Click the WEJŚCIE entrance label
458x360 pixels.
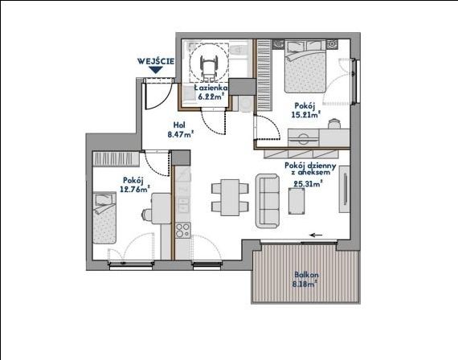tap(156, 61)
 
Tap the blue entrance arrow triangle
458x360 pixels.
tap(156, 70)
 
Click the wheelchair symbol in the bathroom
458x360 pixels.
tap(208, 67)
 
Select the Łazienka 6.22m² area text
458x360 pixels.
tap(211, 92)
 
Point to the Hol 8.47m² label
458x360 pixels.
tap(181, 129)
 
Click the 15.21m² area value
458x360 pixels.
tap(306, 114)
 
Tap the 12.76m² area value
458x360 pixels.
tap(135, 189)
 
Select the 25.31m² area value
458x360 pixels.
tap(308, 184)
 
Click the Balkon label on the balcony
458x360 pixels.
tap(306, 275)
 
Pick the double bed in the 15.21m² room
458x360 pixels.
tap(305, 67)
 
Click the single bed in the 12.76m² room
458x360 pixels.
tap(104, 218)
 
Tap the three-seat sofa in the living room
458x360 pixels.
tap(268, 201)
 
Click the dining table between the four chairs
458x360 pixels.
tap(230, 197)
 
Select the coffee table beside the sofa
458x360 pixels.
tap(296, 201)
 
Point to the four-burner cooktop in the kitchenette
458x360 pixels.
tap(183, 230)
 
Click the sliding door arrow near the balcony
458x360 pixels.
tap(316, 235)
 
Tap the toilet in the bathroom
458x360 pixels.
tap(238, 51)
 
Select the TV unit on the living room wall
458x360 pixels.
tap(344, 190)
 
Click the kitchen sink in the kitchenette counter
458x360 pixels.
tap(183, 205)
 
